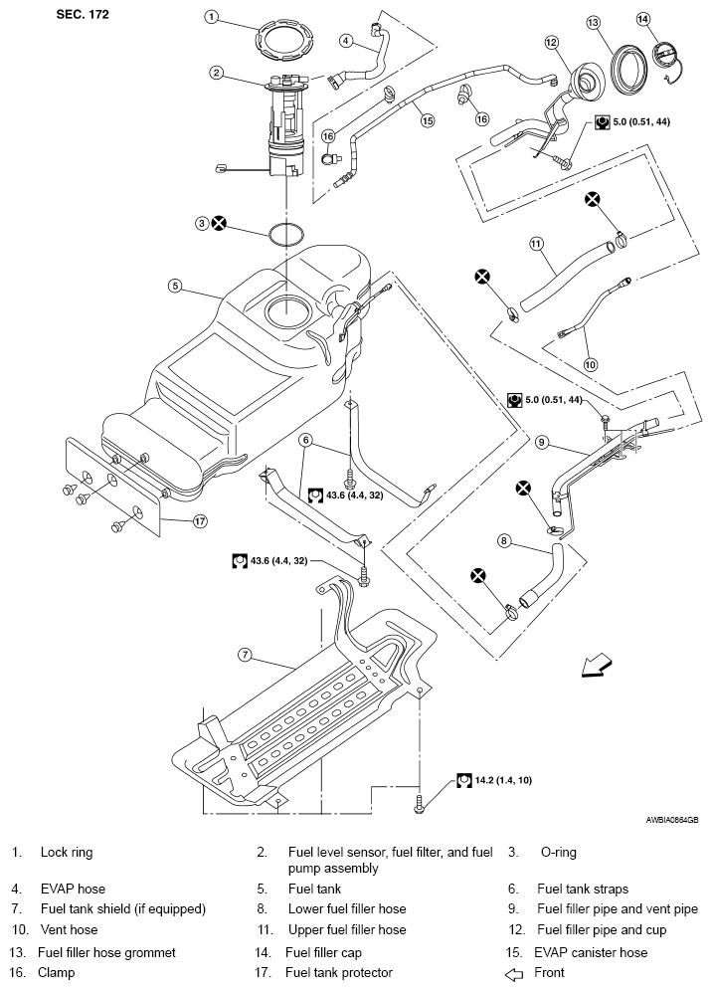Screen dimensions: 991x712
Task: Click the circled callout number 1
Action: coord(212,17)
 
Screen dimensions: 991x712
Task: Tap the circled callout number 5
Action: coord(175,286)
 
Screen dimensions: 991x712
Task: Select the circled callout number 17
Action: coord(199,520)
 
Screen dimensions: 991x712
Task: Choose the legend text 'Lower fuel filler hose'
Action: coord(347,908)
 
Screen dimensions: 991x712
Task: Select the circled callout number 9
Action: coord(542,441)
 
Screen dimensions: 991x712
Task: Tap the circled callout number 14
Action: coord(642,19)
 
